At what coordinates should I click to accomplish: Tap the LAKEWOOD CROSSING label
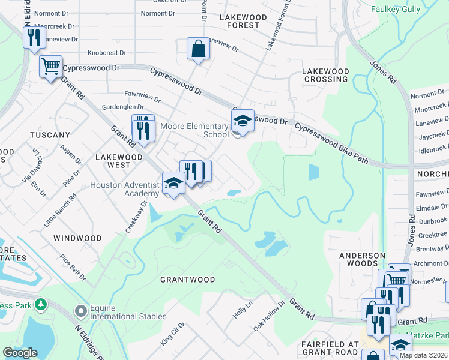pos(325,75)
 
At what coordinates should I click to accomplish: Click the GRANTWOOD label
pos(187,280)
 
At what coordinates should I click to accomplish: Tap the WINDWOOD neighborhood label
pos(77,238)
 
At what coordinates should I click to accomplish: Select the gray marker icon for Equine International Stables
pos(80,311)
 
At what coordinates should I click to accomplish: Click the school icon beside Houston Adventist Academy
pos(173,184)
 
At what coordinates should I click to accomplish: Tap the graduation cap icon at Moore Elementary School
pos(243,121)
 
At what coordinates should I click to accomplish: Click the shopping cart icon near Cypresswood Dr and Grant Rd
pos(51,66)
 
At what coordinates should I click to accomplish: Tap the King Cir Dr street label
pos(172,334)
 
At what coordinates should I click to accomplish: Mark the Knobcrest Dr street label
pos(106,53)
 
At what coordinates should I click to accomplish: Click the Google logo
pos(20,353)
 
